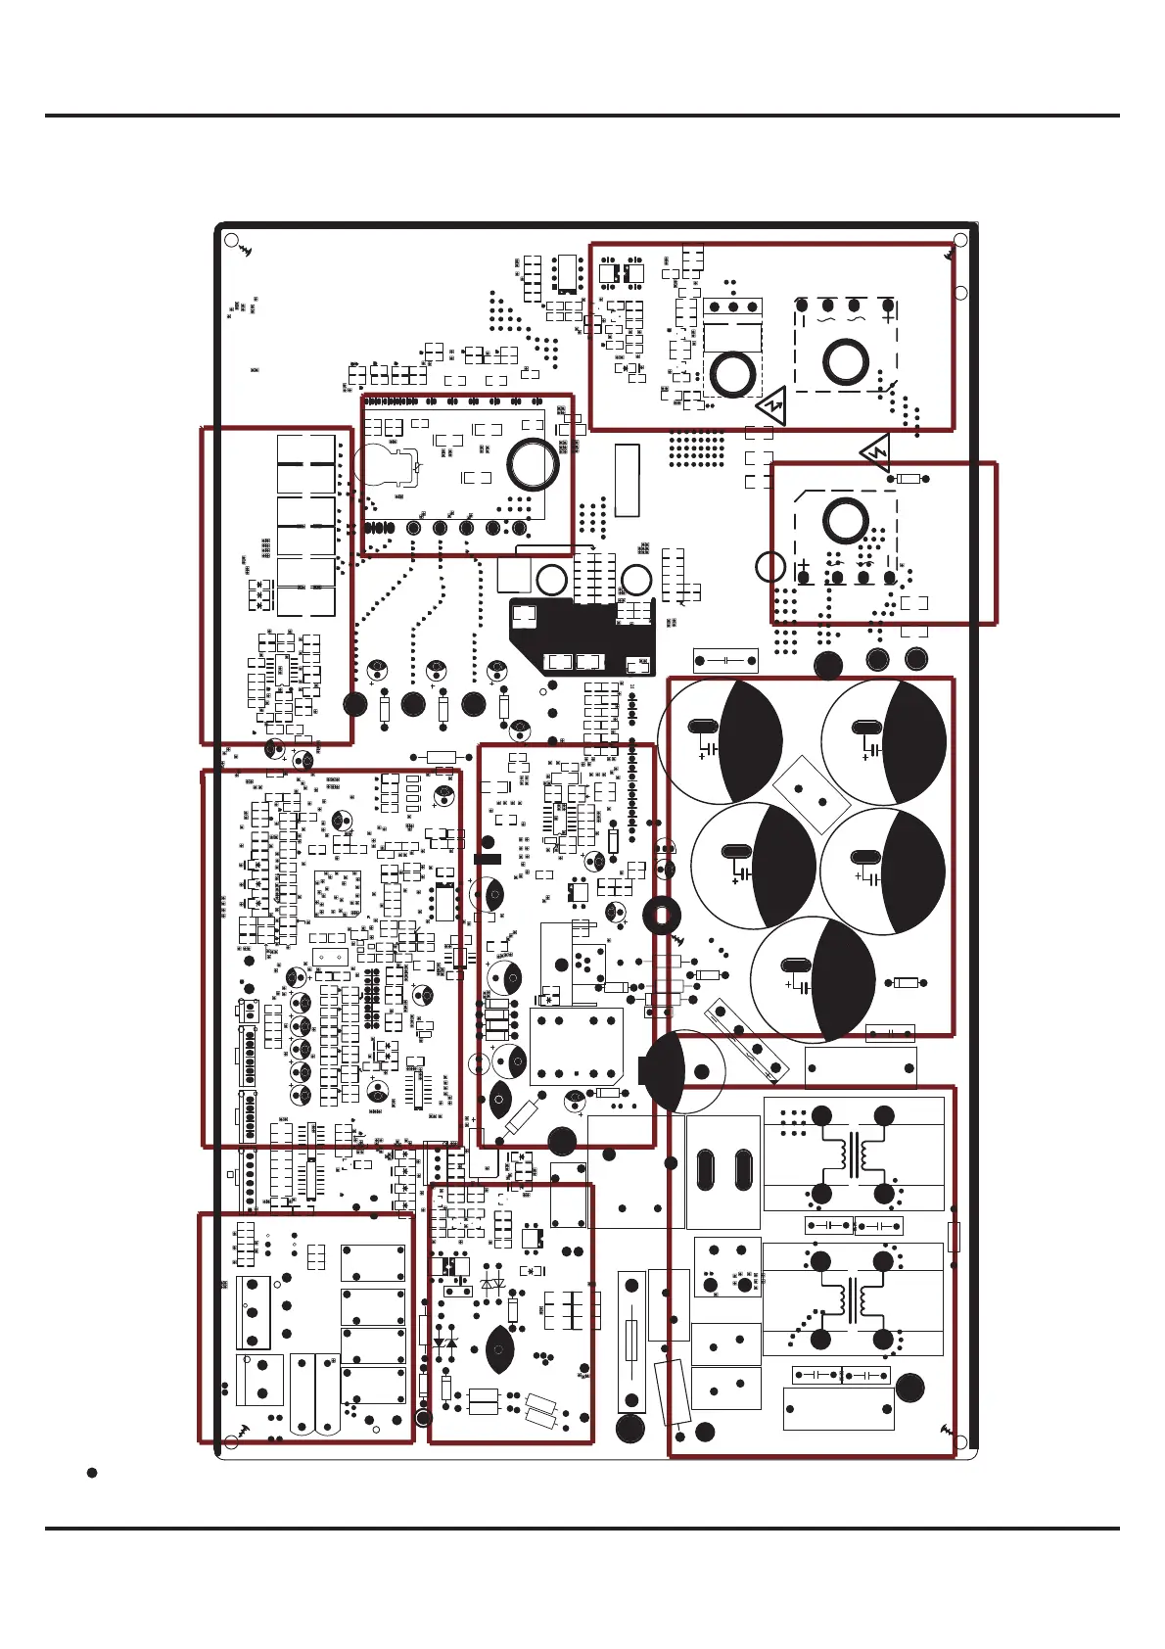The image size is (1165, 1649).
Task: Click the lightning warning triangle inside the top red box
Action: pos(772,402)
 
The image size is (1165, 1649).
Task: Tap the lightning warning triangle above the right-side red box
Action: pos(876,452)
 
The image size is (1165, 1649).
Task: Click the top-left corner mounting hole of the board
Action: pos(231,240)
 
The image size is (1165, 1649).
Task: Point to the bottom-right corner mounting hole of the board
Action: pos(960,1441)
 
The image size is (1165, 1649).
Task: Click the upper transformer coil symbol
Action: pos(853,1155)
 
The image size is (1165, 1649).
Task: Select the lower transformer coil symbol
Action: pos(853,1299)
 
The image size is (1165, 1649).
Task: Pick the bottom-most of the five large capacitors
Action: pos(814,979)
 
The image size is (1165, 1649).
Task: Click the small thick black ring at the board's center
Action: pos(662,916)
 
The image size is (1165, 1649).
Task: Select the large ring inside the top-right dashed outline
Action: pos(845,362)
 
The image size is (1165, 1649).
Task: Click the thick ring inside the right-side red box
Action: pos(845,520)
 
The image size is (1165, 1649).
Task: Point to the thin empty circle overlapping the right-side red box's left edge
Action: pos(771,566)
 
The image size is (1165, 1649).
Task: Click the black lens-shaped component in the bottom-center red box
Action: pos(499,1350)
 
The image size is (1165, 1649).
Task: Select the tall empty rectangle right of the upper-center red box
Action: pos(627,481)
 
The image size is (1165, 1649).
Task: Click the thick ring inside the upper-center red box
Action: pos(534,464)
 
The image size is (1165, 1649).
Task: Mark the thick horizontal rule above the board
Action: pos(582,116)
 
